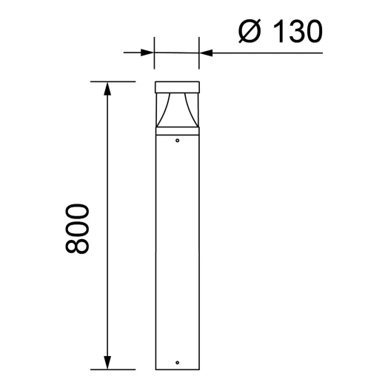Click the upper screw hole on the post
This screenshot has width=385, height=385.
point(177,138)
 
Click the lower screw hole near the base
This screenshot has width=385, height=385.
point(177,362)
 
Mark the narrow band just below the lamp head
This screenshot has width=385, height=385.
point(177,130)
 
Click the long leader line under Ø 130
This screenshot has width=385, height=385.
point(274,53)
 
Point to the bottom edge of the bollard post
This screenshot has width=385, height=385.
point(177,368)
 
